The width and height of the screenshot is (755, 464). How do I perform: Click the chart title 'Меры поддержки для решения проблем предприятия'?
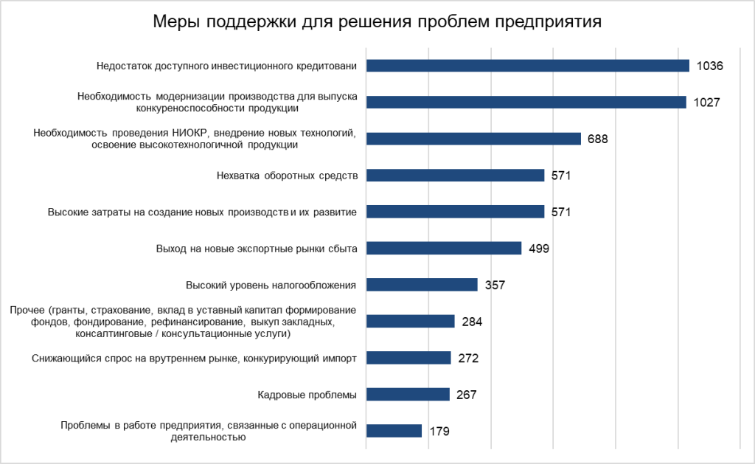click(377, 22)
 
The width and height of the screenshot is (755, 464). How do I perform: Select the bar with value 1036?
click(527, 66)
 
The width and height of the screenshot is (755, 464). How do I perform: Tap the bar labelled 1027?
click(526, 102)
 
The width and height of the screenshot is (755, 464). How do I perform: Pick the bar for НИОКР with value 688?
click(473, 139)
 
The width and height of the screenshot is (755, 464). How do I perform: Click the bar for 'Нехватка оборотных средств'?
click(455, 176)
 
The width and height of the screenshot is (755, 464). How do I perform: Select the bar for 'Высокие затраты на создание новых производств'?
click(455, 212)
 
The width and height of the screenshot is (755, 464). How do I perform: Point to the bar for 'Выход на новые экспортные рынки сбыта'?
click(444, 248)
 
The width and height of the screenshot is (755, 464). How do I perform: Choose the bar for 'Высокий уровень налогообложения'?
click(422, 285)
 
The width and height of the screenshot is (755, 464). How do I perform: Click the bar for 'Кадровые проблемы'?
click(408, 394)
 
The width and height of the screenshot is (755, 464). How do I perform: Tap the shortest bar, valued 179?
click(394, 431)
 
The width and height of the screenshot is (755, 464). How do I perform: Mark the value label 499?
click(539, 249)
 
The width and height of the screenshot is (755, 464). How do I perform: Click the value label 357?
click(495, 285)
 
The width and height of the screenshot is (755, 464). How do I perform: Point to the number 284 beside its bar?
click(472, 322)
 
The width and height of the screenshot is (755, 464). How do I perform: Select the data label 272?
click(468, 358)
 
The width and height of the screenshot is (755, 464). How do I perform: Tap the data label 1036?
click(710, 66)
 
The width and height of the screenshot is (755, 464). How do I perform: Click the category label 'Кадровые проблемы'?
click(307, 395)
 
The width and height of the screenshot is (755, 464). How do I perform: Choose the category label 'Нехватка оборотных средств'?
click(288, 176)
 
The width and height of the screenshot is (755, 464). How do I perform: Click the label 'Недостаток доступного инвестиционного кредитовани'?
click(227, 66)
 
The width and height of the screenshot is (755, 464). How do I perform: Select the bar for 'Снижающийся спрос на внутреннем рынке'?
click(408, 358)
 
